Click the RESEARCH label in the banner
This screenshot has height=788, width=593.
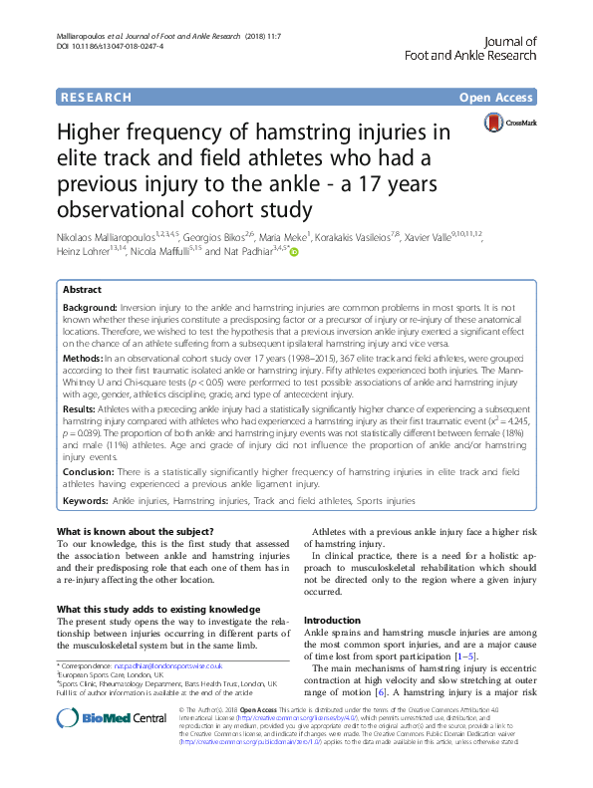click(x=95, y=98)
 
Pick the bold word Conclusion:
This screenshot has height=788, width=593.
click(x=89, y=471)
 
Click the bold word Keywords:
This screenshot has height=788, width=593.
click(x=86, y=501)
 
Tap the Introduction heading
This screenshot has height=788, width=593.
click(x=331, y=620)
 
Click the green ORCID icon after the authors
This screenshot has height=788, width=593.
click(x=295, y=226)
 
